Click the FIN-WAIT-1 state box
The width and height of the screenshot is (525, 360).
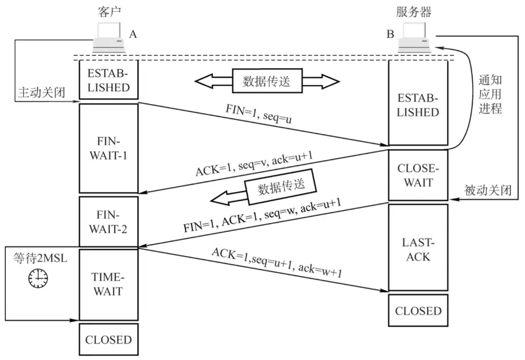108,148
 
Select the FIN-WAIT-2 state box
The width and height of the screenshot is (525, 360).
108,221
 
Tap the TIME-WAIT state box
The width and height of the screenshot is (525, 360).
108,284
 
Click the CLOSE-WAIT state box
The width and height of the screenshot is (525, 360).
418,176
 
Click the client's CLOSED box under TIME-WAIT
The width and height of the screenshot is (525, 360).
108,339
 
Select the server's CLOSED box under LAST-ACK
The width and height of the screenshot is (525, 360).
418,311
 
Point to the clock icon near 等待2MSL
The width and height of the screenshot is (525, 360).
37,278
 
